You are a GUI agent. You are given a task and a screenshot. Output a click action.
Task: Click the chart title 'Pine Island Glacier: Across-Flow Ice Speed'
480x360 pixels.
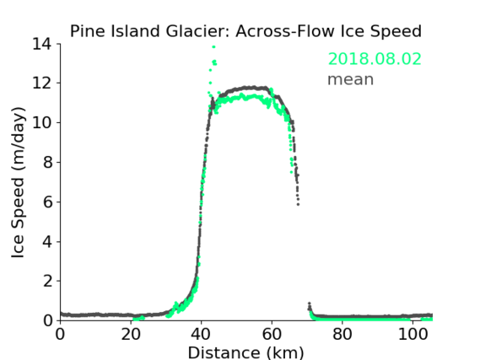[245, 31]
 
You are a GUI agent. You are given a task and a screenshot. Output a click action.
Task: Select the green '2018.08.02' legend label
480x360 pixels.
[375, 59]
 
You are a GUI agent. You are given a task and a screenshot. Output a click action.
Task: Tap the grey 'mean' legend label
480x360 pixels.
[351, 79]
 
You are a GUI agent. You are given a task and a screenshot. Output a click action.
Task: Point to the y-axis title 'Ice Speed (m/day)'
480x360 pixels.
[18, 182]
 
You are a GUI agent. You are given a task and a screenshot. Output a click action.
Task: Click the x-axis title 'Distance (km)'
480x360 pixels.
[245, 352]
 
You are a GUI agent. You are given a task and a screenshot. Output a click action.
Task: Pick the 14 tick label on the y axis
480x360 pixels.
[42, 44]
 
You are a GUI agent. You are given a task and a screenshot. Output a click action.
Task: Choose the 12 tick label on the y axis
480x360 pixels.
[42, 83]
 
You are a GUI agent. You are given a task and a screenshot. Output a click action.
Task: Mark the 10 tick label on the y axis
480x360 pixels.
[42, 122]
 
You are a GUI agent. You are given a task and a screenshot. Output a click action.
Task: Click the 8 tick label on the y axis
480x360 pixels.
[47, 162]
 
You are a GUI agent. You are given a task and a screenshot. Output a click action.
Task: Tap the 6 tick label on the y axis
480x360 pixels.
[47, 201]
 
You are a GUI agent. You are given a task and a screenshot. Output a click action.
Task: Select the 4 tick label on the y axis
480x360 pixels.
[47, 242]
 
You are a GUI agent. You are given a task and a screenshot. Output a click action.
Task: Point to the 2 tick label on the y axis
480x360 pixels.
[47, 281]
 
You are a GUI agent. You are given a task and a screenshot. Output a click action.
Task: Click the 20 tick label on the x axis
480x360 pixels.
[131, 335]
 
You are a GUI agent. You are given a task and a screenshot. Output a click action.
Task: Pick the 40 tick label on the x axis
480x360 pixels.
[201, 335]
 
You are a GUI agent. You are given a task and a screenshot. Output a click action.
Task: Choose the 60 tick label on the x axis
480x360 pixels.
[272, 335]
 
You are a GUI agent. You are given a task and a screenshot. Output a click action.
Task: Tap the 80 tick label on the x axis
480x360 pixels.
[342, 335]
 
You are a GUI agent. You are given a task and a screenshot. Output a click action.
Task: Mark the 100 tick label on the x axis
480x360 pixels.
[413, 335]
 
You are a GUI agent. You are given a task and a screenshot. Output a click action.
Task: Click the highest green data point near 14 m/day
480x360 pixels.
[213, 47]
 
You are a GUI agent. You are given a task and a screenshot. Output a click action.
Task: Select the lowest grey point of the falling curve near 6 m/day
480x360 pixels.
[298, 204]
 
